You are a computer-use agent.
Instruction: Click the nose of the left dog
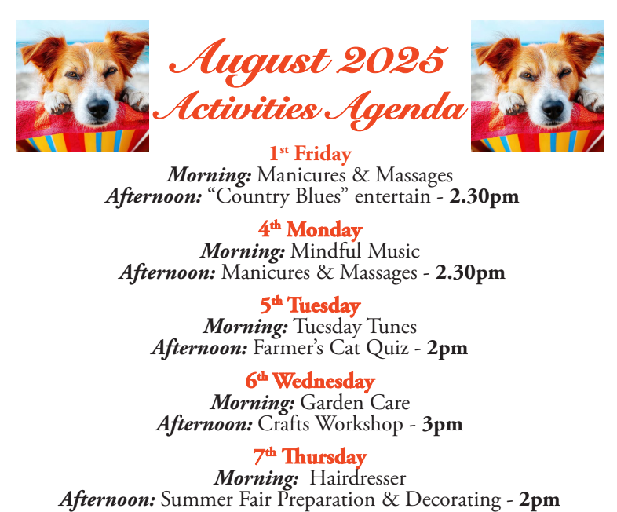click(x=98, y=108)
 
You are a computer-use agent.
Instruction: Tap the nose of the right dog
click(x=553, y=108)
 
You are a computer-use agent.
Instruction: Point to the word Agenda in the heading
click(x=395, y=109)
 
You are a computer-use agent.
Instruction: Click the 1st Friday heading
click(x=310, y=153)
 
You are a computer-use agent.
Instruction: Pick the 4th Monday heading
click(x=310, y=229)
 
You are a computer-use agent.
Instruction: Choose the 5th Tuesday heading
click(x=310, y=305)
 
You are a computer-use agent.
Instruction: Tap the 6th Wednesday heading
click(x=310, y=381)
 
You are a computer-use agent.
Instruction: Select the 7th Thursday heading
click(x=310, y=456)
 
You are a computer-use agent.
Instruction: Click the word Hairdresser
click(x=358, y=478)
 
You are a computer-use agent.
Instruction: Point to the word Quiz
click(x=387, y=349)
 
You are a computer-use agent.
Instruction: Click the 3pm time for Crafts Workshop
click(x=442, y=425)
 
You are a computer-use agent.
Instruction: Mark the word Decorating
click(x=453, y=500)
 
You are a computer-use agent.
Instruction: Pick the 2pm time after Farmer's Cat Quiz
click(x=447, y=349)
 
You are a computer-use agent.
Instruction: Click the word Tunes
click(x=392, y=326)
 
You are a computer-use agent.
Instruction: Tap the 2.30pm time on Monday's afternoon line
click(x=470, y=273)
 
